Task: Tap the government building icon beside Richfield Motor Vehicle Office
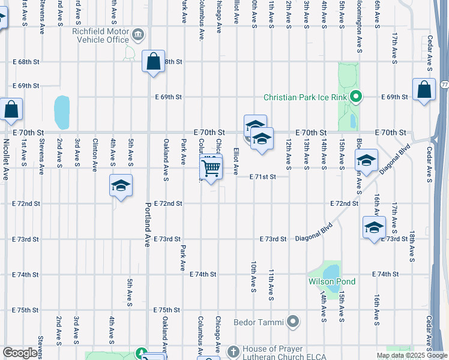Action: pos(139,34)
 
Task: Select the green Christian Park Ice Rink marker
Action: pos(356,96)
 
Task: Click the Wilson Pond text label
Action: pos(332,281)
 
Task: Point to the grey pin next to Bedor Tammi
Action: pos(294,322)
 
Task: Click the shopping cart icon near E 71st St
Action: pos(211,168)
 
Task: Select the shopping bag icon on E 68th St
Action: pos(154,61)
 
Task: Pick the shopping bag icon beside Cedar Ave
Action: pos(424,90)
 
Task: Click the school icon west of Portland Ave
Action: pos(121,186)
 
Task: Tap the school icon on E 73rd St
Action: pos(373,229)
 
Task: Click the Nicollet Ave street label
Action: pos(6,161)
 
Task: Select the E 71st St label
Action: pos(263,177)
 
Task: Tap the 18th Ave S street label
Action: pos(412,246)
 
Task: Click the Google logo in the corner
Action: pos(20,353)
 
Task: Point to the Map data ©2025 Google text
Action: pos(411,355)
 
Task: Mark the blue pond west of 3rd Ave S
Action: pos(62,109)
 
